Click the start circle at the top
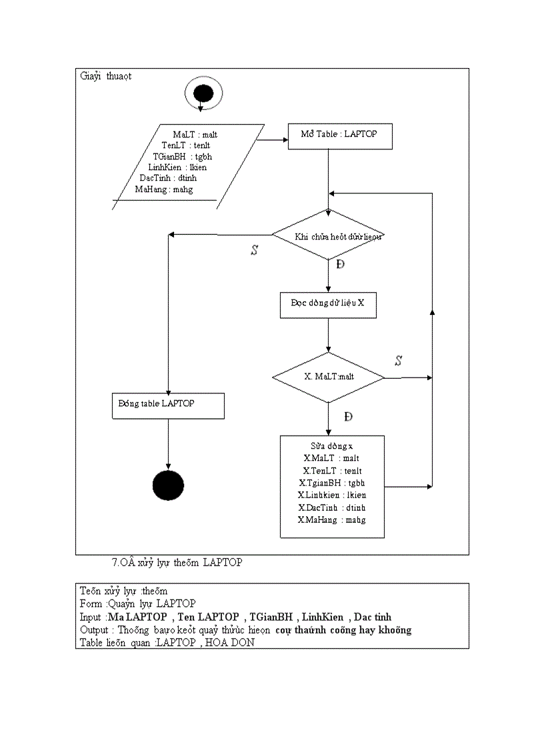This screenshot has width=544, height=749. tap(203, 94)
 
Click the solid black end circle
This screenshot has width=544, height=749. tap(167, 485)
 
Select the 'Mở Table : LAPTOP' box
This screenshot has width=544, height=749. tap(340, 135)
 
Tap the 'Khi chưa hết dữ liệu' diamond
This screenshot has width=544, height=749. tap(329, 235)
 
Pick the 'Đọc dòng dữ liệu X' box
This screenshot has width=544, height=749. tap(328, 303)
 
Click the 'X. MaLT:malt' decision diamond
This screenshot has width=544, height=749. tap(329, 378)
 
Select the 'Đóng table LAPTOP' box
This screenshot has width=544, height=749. tap(167, 406)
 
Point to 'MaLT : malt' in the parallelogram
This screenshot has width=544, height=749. tap(195, 135)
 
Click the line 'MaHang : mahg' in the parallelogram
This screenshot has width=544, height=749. tap(164, 189)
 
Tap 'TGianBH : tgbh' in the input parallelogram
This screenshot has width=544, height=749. tap(183, 157)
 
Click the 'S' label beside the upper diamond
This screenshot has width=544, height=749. tap(254, 251)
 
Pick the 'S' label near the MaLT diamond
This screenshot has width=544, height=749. tap(398, 361)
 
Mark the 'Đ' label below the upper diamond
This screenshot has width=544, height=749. tap(341, 265)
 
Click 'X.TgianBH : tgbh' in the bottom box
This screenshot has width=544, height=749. tap(332, 483)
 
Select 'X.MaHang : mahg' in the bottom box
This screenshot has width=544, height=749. tap(332, 520)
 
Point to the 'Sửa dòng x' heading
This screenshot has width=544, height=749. tap(332, 446)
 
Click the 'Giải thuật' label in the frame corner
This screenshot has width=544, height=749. tap(106, 76)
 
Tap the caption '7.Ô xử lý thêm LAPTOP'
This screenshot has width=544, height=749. tap(177, 562)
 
